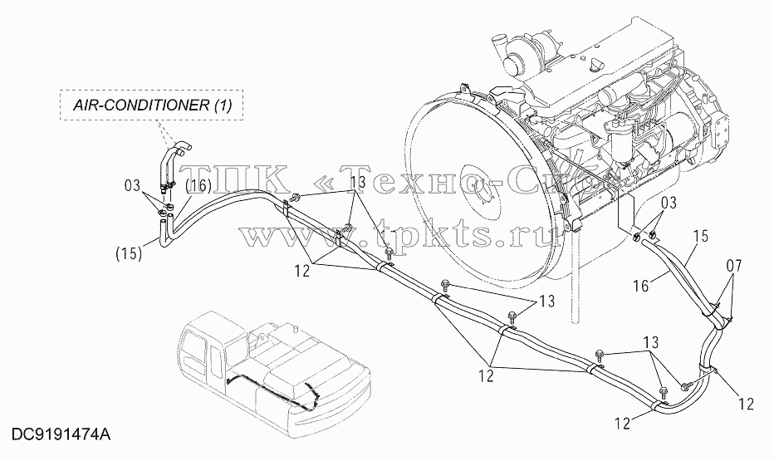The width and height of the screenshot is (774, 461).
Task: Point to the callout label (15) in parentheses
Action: (x=129, y=253)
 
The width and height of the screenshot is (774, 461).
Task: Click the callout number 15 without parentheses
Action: (x=699, y=237)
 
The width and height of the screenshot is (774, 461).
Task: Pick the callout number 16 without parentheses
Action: (x=642, y=286)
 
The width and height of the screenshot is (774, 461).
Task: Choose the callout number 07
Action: (x=734, y=267)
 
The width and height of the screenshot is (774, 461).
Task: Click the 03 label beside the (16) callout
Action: (x=132, y=187)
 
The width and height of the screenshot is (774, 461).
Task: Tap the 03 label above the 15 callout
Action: (x=668, y=203)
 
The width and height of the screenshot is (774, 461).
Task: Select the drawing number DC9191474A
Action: (x=61, y=435)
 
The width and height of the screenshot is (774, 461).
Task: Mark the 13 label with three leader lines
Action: (x=358, y=182)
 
